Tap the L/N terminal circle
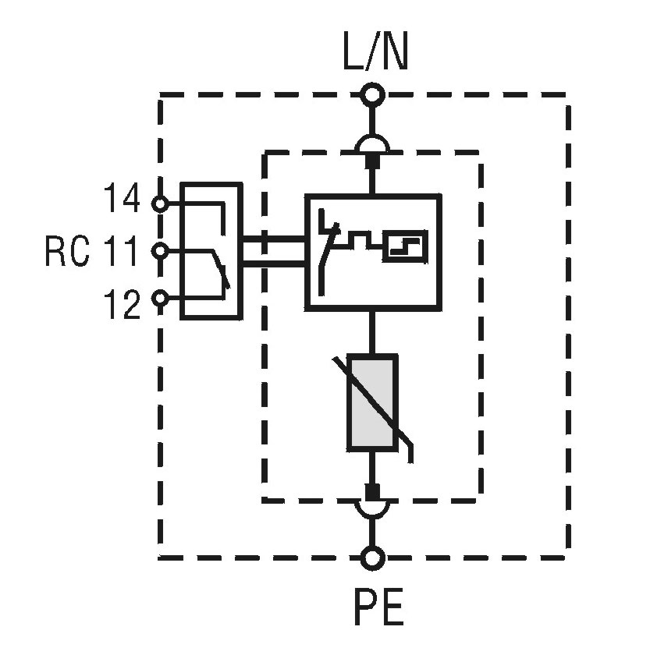(x=373, y=96)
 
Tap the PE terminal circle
(x=373, y=558)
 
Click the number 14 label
(x=121, y=200)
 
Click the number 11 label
(x=121, y=252)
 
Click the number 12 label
(x=121, y=304)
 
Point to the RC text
(x=67, y=252)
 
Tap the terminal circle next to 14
(x=160, y=204)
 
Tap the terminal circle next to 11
(x=160, y=251)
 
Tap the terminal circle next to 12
(x=160, y=298)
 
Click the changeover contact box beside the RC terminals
(x=211, y=251)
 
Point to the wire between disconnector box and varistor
(x=373, y=331)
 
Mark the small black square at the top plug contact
(x=373, y=160)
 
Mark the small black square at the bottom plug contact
(x=373, y=492)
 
